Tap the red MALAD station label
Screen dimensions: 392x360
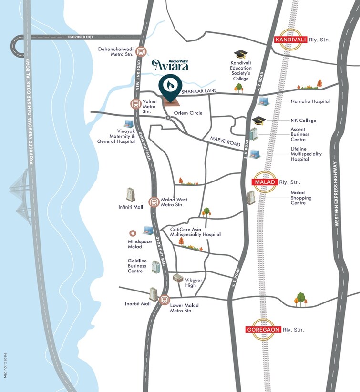click(x=264, y=181)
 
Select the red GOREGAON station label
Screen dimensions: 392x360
click(x=263, y=329)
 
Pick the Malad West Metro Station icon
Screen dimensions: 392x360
click(x=154, y=202)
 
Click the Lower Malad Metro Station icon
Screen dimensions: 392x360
click(x=165, y=300)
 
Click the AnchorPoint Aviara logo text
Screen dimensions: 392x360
click(x=170, y=65)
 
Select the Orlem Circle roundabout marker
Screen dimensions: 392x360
click(x=168, y=118)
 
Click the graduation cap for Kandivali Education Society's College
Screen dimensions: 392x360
click(x=239, y=55)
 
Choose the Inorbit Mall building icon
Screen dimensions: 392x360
click(x=153, y=294)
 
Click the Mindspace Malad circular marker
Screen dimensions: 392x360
click(x=133, y=233)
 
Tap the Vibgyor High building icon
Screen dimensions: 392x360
click(x=178, y=279)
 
